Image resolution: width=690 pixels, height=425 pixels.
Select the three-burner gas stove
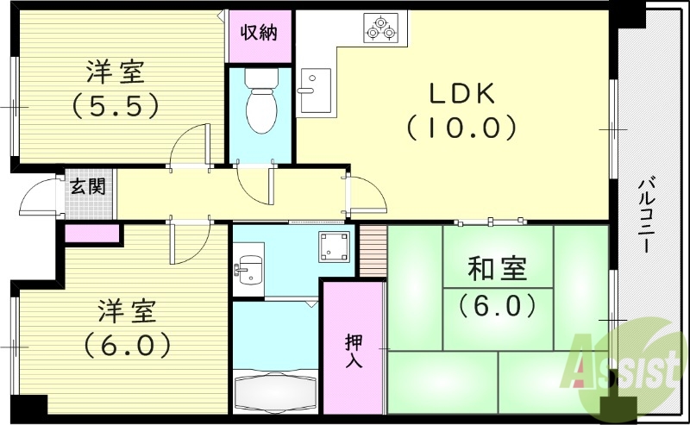[x=381, y=28]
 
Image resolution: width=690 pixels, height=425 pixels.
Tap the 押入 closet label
[x=354, y=350]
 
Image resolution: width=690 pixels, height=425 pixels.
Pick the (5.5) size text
[x=114, y=106]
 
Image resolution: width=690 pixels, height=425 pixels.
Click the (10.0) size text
[x=461, y=128]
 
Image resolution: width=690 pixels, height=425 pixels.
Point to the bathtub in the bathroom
[x=275, y=386]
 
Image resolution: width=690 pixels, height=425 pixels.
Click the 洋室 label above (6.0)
[x=126, y=309]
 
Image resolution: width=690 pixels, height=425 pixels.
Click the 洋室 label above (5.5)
[x=115, y=70]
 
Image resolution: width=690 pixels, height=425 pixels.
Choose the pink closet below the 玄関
[x=92, y=232]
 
